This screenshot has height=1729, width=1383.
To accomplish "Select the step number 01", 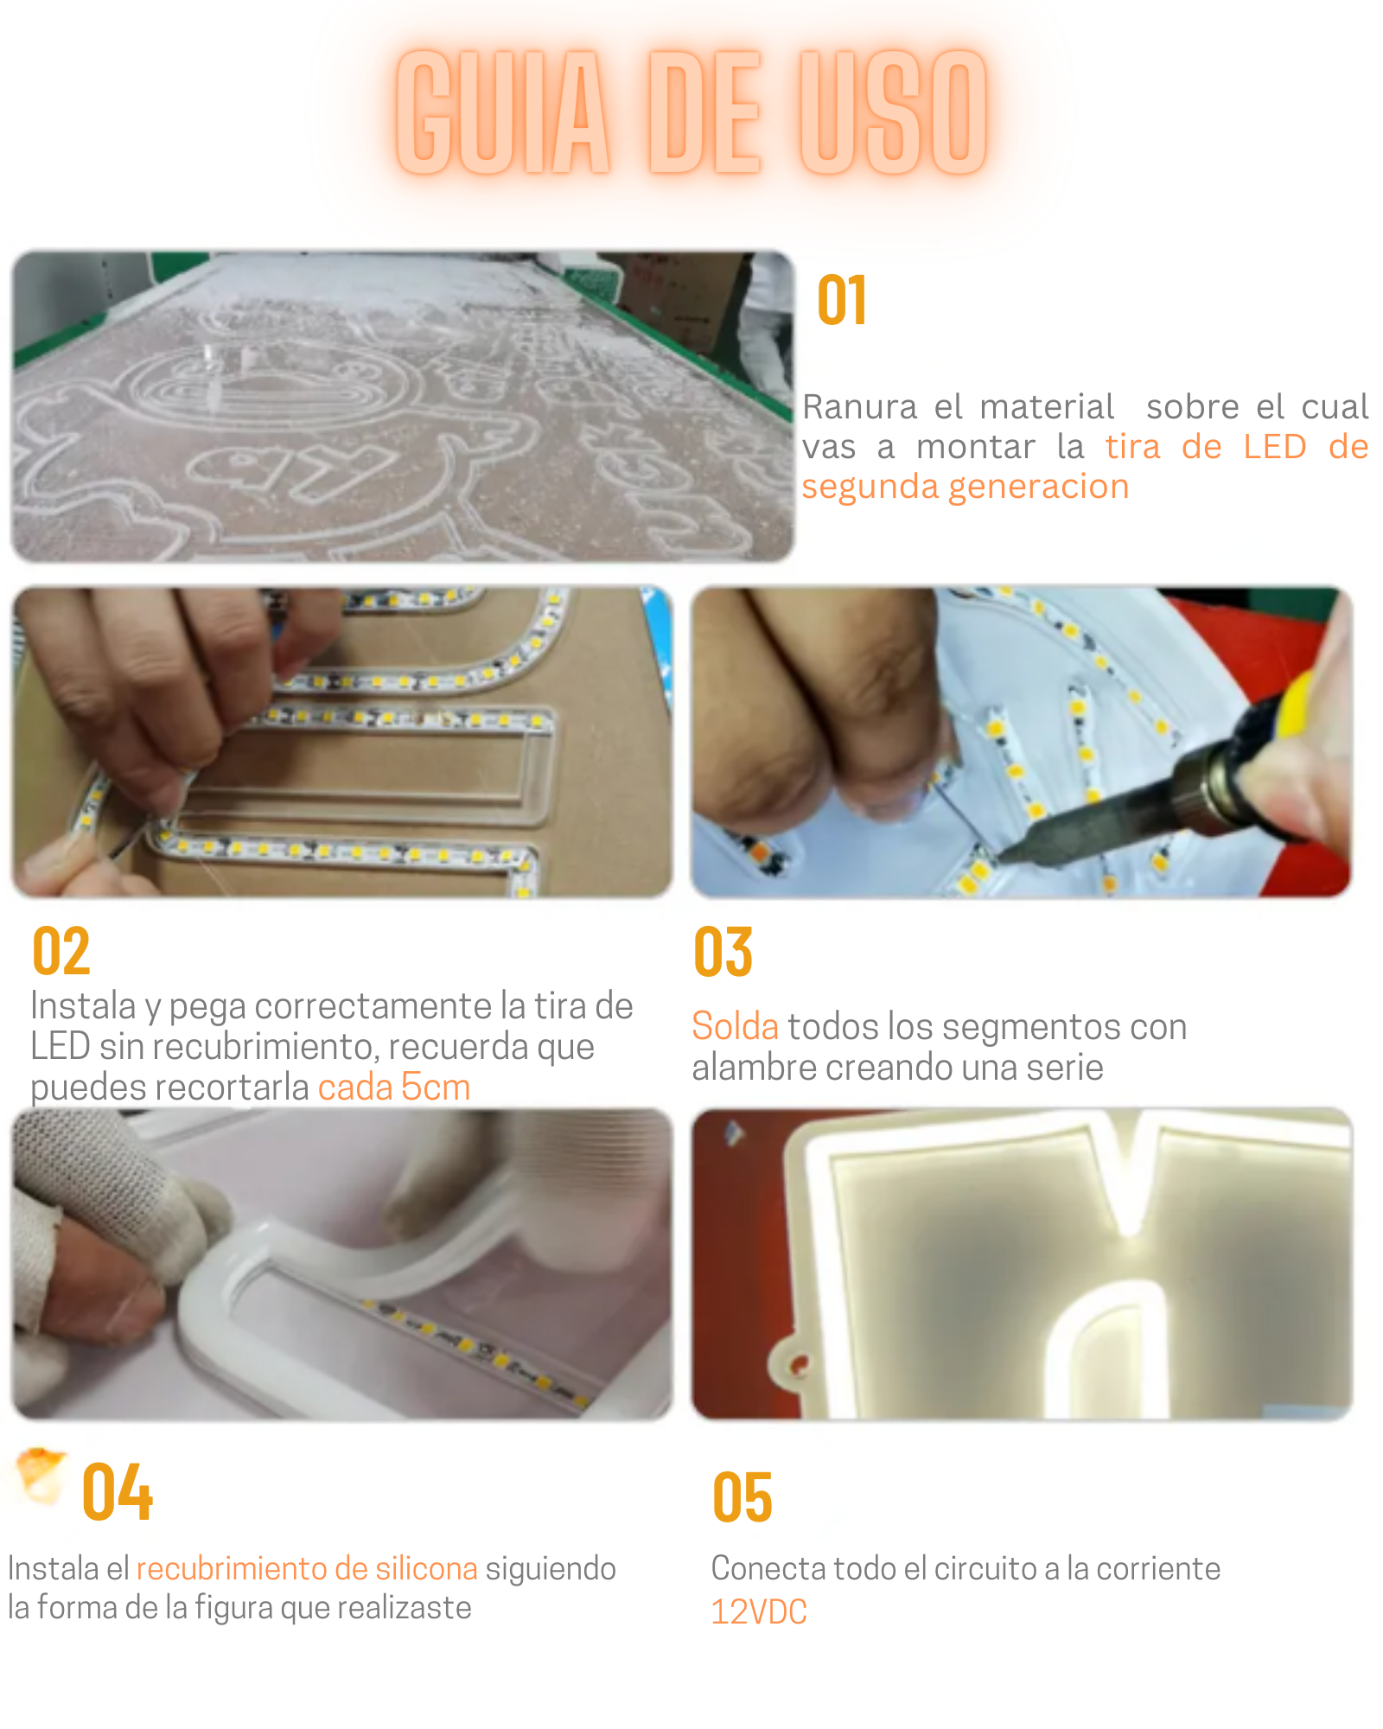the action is (842, 301).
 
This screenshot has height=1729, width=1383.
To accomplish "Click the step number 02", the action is (61, 951).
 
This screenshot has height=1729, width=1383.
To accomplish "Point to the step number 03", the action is (723, 952).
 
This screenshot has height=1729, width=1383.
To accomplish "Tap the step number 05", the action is (742, 1496).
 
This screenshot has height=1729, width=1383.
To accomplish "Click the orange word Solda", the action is (736, 1026).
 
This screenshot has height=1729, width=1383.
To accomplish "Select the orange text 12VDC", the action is (759, 1612).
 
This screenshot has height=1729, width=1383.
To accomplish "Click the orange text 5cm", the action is (436, 1087).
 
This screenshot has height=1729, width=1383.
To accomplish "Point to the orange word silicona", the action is (426, 1568).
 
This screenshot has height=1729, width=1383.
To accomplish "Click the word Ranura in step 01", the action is (859, 406).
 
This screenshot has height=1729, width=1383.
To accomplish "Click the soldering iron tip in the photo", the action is (1003, 855).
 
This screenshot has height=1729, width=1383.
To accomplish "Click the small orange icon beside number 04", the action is (41, 1475).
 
